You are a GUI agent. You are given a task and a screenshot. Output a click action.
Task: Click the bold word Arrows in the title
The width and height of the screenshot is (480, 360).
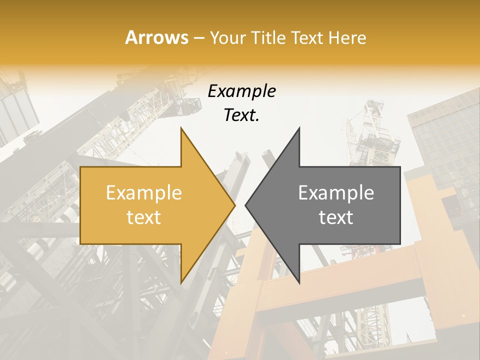coord(156,38)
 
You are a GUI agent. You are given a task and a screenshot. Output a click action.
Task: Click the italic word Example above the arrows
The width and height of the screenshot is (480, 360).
coord(241,91)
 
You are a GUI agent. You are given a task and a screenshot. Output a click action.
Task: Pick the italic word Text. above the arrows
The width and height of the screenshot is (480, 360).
coord(241,115)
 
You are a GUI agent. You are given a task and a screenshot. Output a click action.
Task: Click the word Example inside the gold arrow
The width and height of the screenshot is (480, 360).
coord(144,193)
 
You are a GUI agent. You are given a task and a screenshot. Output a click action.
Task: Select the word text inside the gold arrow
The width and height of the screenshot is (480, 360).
coord(144,217)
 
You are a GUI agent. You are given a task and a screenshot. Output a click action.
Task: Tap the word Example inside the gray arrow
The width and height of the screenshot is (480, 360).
coord(336,193)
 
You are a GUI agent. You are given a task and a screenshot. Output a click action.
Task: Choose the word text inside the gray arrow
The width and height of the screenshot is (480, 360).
coord(336,217)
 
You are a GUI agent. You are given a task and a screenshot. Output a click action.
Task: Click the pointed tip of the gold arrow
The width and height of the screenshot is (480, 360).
coord(234,205)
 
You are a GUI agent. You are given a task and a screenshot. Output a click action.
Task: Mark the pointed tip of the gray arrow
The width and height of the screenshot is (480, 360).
coord(245,205)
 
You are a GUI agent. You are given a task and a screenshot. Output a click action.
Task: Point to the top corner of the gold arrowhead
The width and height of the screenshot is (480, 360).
coord(181,128)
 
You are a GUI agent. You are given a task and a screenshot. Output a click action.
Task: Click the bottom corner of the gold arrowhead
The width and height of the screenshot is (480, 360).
coord(181,282)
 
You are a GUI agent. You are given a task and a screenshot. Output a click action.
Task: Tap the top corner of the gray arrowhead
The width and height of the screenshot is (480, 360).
coord(299,128)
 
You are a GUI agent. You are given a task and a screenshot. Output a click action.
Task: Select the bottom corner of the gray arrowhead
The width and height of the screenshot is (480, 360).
coord(299,282)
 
